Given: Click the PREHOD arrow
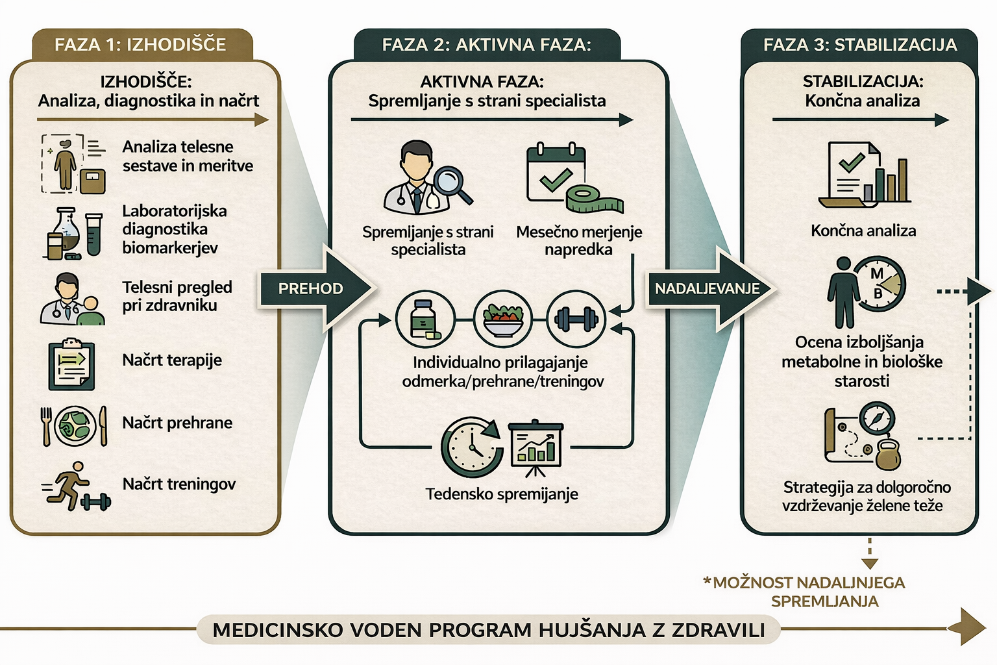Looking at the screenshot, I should coord(312,289).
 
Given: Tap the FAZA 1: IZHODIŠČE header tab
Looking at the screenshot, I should coord(140,45).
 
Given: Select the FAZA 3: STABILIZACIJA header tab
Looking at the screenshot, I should coord(859,45).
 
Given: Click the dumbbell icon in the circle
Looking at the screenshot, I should coord(576,319).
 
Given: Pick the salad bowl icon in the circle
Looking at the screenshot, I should coord(503,319).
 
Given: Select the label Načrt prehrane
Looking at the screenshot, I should coord(177,423).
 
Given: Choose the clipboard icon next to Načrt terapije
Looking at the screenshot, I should coord(71,364).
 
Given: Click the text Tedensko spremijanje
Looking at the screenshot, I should coord(502,494).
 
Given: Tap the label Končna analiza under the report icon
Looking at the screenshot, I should coord(863,231).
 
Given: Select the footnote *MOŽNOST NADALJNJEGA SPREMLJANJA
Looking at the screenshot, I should coord(805,592).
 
